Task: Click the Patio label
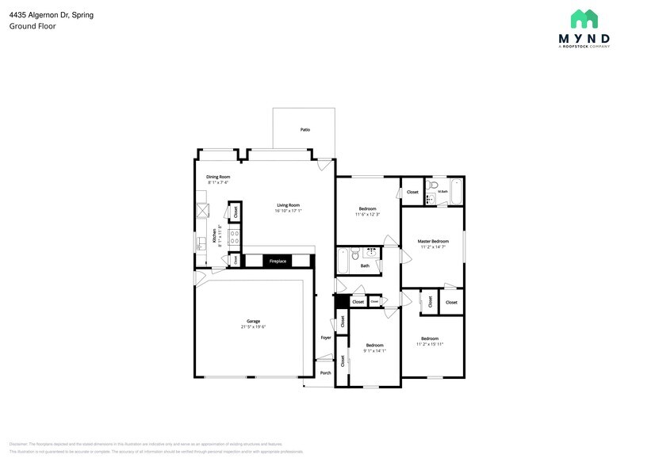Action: point(305,129)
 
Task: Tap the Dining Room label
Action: point(218,177)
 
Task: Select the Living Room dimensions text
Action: point(288,211)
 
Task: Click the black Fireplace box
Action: point(278,261)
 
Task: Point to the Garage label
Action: point(253,321)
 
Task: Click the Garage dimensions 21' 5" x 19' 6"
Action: point(253,327)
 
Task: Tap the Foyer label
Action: point(325,338)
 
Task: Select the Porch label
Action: point(325,372)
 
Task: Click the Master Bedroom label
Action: point(434,241)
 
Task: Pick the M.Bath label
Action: point(443,191)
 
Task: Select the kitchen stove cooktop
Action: point(235,235)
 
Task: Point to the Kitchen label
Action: point(214,235)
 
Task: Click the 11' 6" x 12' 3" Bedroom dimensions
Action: point(367,215)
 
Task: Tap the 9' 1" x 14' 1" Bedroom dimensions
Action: point(374,350)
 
